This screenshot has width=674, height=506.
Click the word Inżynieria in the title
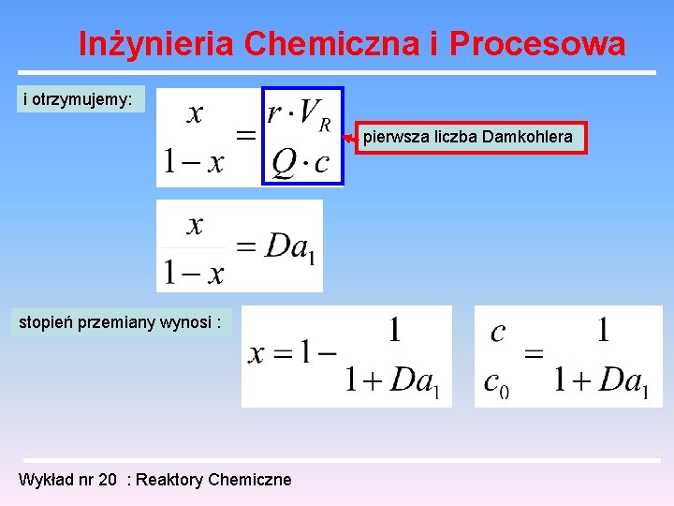click(x=155, y=44)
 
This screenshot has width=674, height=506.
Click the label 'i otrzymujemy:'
click(x=78, y=98)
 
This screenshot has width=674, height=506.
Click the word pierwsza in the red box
click(x=394, y=137)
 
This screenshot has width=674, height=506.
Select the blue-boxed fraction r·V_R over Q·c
click(x=302, y=136)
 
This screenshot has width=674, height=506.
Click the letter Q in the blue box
click(x=283, y=162)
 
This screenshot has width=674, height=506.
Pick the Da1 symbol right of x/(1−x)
click(x=289, y=246)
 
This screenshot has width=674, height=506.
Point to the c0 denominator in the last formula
click(x=496, y=382)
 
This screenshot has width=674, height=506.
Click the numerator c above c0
click(x=498, y=332)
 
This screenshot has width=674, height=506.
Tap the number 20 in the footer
click(x=109, y=480)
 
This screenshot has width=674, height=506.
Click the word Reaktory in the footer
click(x=170, y=480)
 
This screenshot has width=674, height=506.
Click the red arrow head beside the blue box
click(x=349, y=138)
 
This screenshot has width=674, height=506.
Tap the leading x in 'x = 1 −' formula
click(x=256, y=354)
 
